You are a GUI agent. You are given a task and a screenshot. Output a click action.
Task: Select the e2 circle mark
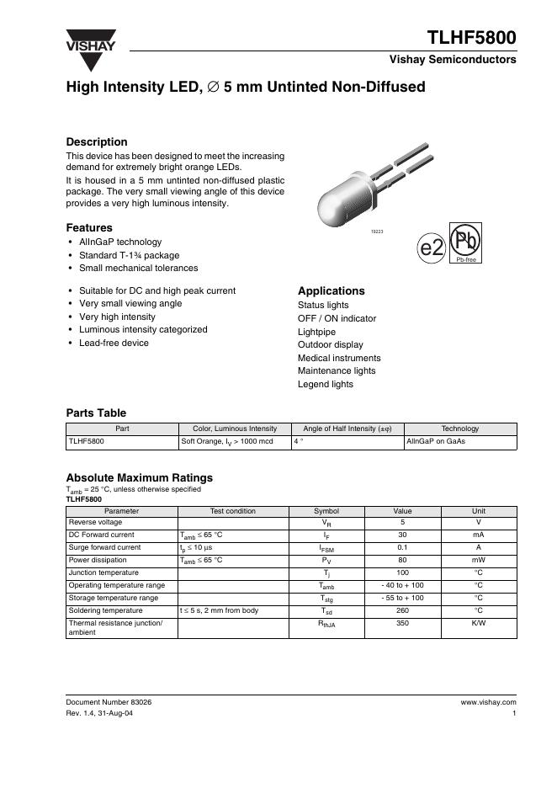point(432,248)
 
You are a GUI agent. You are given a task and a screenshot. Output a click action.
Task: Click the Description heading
point(97,142)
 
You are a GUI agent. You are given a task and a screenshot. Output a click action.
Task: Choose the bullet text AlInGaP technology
point(120,242)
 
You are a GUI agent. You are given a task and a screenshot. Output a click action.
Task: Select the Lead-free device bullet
point(114,343)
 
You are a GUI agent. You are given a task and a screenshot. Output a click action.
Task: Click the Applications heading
point(332,290)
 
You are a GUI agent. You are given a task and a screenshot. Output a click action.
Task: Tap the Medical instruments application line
point(339,358)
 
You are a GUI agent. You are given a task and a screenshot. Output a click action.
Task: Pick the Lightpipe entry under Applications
point(317,332)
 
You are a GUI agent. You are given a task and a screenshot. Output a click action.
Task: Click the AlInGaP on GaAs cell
point(436,440)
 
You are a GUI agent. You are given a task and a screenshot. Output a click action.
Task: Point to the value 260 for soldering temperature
point(402,610)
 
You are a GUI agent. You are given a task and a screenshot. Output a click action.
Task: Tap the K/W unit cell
point(478,623)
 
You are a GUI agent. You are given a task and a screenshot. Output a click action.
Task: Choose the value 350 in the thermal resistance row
point(402,623)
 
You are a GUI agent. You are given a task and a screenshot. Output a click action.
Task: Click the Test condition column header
point(233,510)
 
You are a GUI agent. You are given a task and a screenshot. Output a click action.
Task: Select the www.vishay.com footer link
point(488,701)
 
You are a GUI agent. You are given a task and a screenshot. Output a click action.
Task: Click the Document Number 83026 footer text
point(109,701)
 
